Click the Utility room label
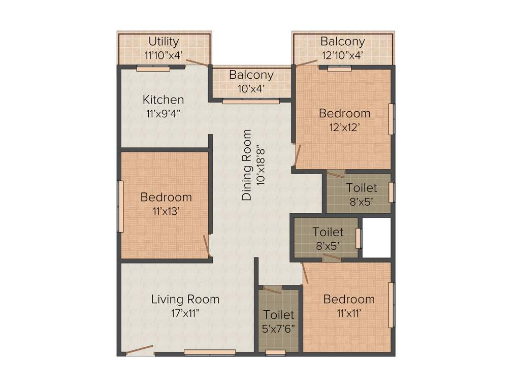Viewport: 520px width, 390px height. [164, 41]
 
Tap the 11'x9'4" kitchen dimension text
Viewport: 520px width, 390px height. [163, 113]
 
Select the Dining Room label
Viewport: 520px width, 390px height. [247, 165]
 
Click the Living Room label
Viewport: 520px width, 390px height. [185, 299]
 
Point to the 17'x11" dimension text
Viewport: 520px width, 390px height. [185, 313]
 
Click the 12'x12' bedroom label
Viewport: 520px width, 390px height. [344, 113]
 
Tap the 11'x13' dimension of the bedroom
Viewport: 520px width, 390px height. [166, 211]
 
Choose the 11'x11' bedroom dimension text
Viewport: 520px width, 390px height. [349, 313]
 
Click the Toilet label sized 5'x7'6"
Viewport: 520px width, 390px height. [278, 315]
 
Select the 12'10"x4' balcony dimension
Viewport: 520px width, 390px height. [342, 55]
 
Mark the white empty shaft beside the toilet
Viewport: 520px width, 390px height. [376, 237]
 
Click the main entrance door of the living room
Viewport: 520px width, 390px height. [139, 350]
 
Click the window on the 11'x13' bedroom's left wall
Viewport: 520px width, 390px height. [121, 206]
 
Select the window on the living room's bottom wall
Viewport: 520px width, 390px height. [210, 352]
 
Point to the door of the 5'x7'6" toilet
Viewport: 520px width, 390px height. [273, 289]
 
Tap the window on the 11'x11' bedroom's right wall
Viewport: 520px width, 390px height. [392, 305]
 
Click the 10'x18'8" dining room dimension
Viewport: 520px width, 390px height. [262, 165]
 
